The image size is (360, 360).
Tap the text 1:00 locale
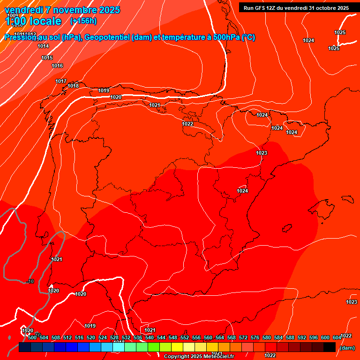pyautogui.click(x=33, y=21)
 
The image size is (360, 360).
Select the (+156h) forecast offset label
pyautogui.click(x=83, y=21)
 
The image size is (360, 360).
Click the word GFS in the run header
pyautogui.click(x=259, y=8)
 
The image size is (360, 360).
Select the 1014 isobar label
pyautogui.click(x=43, y=46)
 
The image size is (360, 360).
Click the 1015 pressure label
pyautogui.click(x=47, y=58)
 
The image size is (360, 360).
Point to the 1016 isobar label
pyautogui.click(x=57, y=66)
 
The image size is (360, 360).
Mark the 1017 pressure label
pyautogui.click(x=61, y=82)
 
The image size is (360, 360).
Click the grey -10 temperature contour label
pyautogui.click(x=30, y=281)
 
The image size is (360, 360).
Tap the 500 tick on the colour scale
pyautogui.click(x=32, y=338)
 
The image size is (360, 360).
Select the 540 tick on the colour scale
pyautogui.click(x=150, y=338)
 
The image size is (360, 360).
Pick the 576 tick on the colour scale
pyautogui.click(x=255, y=338)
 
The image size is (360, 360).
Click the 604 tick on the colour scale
pyautogui.click(x=337, y=338)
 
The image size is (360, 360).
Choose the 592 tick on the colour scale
pyautogui.click(x=302, y=338)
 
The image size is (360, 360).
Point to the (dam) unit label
pyautogui.click(x=347, y=348)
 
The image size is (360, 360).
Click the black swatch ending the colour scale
pyautogui.click(x=330, y=347)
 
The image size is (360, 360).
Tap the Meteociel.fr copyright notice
pyautogui.click(x=199, y=357)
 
